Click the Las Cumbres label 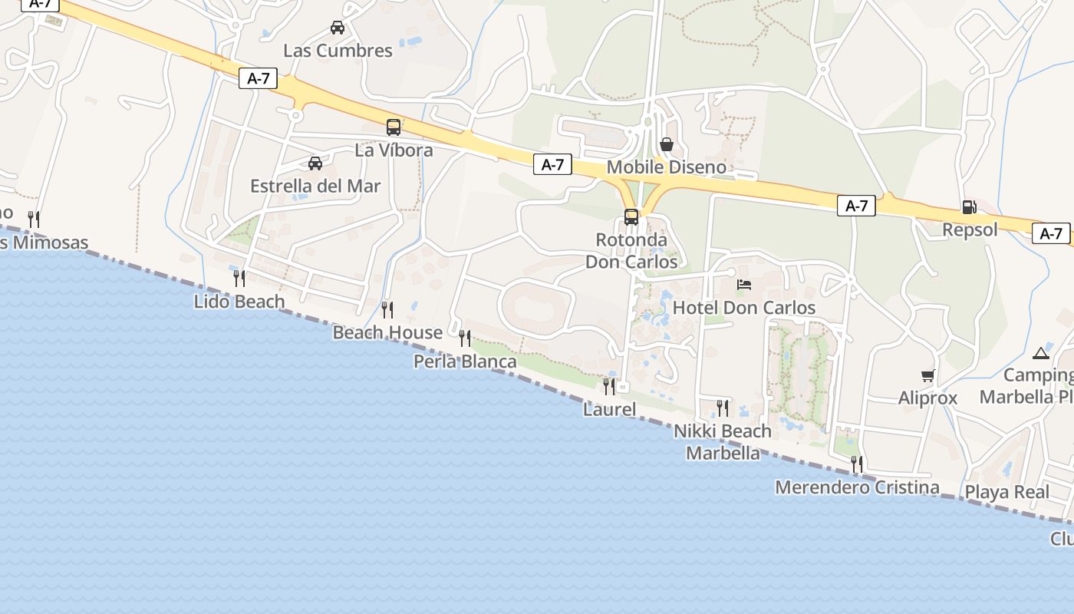coord(338,51)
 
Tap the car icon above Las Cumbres coord(337,28)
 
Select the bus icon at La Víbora coord(394,127)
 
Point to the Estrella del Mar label coord(315,186)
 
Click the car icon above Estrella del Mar coord(315,163)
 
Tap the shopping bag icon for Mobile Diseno coord(667,144)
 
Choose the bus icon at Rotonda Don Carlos coord(631,217)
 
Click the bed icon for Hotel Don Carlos coord(744,285)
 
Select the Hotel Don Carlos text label coord(744,308)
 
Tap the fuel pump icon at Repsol coord(970,207)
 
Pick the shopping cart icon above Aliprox coord(928,375)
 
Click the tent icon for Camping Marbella coord(1040,353)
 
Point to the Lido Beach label coord(239,302)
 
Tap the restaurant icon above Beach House coord(387,310)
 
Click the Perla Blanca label coord(465,361)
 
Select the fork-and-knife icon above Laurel coord(609,386)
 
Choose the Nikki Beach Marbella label coord(723,442)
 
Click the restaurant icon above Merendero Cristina coord(856,464)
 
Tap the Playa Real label coord(1007,492)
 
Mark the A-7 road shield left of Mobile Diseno coord(552,164)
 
